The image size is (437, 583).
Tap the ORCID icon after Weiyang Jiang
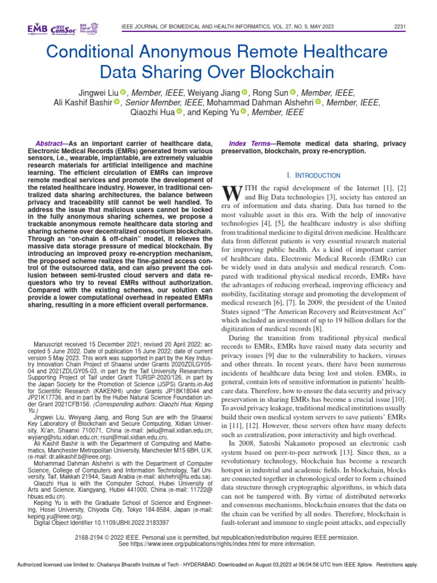coord(244,92)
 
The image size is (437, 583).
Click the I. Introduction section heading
coord(313,175)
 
